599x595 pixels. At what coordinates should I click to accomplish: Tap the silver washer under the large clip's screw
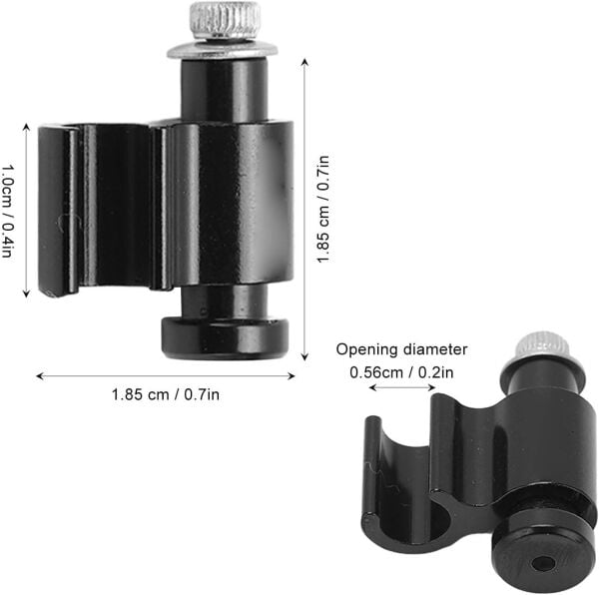tap(223, 48)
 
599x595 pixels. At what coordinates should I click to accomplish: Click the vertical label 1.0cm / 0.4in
tap(8, 210)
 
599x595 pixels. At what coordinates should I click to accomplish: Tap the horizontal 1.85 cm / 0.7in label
tap(166, 393)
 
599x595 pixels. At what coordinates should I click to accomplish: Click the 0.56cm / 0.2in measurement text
tap(401, 372)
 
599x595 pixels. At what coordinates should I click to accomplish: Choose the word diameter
tap(432, 349)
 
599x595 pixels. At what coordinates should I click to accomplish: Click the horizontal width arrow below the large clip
tap(166, 375)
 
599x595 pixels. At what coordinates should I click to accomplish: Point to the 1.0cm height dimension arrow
tap(25, 210)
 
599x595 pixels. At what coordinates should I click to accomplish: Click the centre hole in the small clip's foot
tap(543, 563)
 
